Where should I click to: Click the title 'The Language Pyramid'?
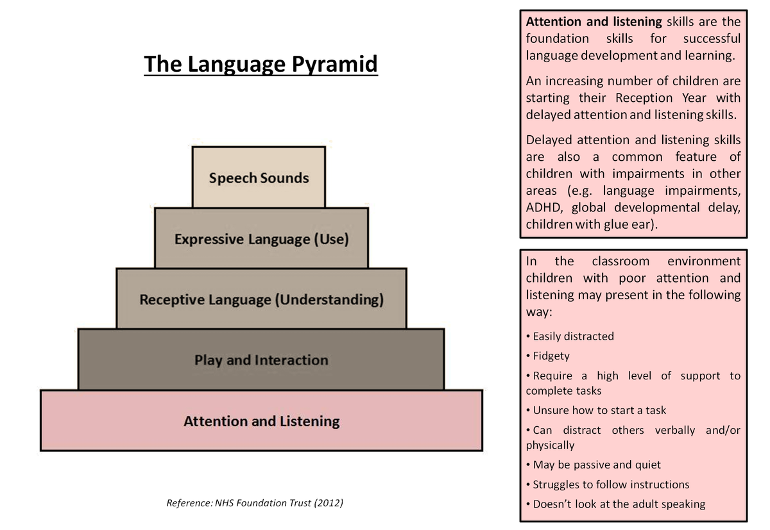(x=261, y=65)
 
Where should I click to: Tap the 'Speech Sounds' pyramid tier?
(x=259, y=178)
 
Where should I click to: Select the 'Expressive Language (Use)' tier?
(x=261, y=239)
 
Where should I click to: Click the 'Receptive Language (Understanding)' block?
(x=261, y=299)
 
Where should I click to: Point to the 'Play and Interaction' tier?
(x=261, y=360)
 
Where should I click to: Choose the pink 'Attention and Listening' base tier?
(x=261, y=421)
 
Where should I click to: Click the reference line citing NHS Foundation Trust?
(x=255, y=503)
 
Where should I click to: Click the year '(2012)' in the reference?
(x=324, y=503)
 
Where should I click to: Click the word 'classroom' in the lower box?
(x=620, y=261)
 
